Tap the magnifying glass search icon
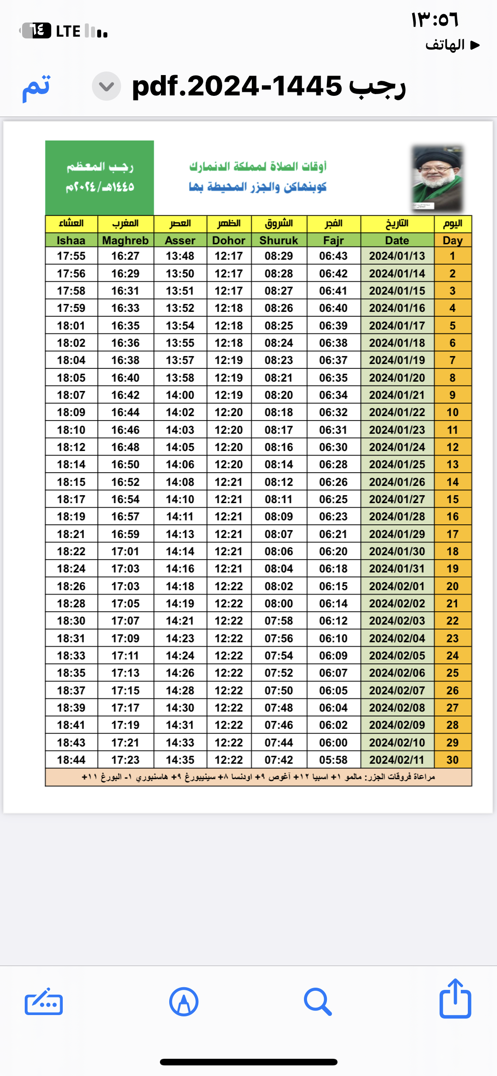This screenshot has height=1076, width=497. pos(318,1002)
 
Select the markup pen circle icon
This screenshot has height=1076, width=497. pos(183,1002)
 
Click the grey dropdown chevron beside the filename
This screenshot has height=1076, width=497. pos(106,86)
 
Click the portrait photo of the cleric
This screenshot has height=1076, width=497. pos(437,178)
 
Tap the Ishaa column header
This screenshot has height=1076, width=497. pos(71,240)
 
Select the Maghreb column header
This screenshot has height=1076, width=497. pos(125,240)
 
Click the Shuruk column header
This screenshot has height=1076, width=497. pos(279,240)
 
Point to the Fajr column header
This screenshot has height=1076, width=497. pos(334,240)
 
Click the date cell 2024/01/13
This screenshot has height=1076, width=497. pos(397,256)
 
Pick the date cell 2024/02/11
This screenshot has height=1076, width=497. pos(397,760)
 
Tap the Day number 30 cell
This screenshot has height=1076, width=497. pos(452,760)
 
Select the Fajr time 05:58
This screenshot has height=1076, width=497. pos(334,760)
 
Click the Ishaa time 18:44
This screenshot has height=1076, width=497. pos(71,760)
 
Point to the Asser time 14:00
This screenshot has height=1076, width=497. pos(180,395)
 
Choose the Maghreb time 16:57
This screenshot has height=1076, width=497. pos(125,516)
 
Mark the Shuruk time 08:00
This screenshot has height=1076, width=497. pos(279,603)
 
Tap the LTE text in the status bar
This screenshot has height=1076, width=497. pos(68,31)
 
